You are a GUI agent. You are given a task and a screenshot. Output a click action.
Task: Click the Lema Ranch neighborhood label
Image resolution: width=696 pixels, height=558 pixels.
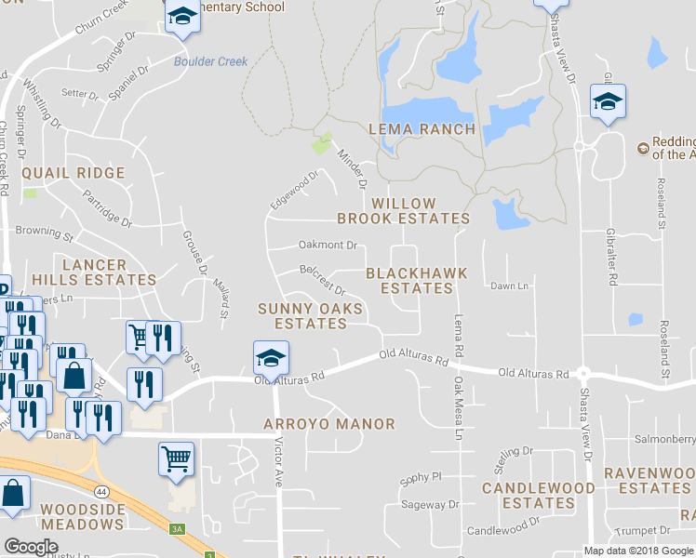coord(422,129)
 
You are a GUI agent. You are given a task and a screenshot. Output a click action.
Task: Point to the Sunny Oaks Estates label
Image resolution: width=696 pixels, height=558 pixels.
coord(302,316)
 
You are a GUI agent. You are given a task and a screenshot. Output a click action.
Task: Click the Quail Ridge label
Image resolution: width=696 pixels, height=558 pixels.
coord(73,173)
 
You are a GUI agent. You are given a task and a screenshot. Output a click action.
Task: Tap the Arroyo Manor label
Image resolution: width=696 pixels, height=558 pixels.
coord(328,424)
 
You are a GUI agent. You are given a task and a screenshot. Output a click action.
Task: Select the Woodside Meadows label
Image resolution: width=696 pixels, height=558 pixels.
coord(82,517)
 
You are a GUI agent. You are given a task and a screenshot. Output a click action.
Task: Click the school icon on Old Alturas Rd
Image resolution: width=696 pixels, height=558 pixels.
coord(271,357)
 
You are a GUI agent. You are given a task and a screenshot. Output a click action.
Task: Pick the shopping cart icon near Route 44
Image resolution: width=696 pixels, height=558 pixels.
coord(177,458)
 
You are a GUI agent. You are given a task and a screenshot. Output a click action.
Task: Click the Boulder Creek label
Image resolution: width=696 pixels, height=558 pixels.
coord(211,62)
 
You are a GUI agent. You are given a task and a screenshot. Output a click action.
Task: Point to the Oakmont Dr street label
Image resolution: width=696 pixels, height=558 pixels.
coord(328,246)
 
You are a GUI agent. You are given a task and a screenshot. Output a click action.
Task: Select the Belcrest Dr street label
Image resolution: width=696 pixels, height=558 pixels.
coord(323,280)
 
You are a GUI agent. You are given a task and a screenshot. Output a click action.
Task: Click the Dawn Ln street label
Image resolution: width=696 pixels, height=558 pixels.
coord(509,286)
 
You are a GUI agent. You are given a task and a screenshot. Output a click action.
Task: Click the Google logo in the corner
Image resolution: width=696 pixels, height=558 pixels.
coord(31,547)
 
